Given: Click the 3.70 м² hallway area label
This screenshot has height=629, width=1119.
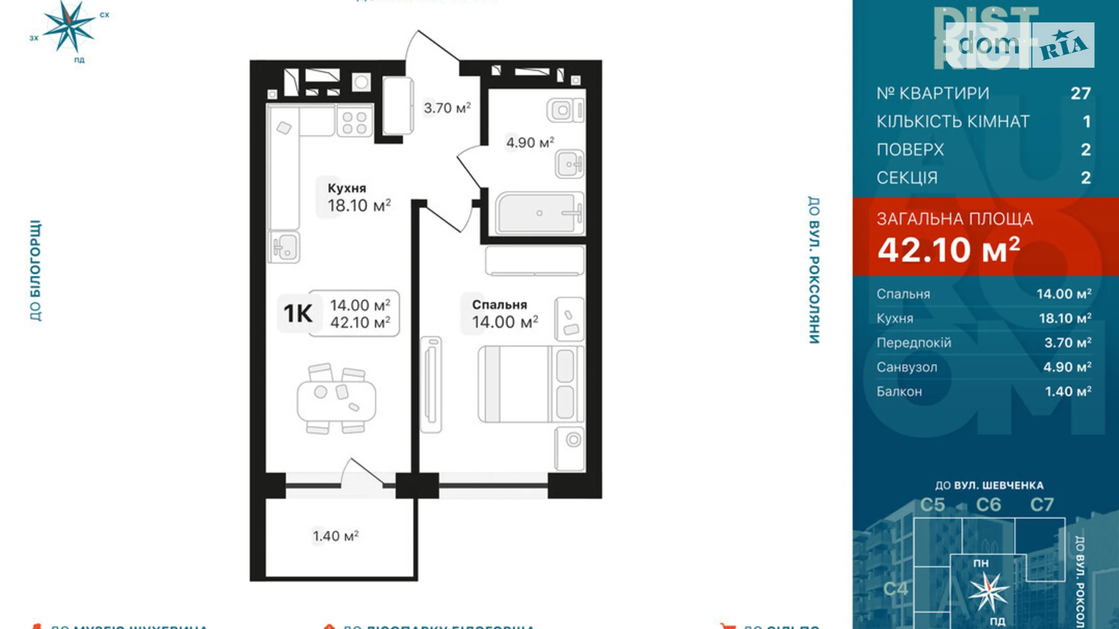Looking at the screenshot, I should point(446,108).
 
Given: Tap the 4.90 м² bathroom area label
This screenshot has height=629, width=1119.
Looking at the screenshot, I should point(530,143).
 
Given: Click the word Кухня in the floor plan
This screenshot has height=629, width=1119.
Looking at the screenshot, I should point(347,188).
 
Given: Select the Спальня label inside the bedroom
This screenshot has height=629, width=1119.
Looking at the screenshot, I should point(499,305).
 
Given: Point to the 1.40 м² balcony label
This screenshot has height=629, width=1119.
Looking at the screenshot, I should point(335,536).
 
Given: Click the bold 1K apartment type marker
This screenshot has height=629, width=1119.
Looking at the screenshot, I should point(298,313).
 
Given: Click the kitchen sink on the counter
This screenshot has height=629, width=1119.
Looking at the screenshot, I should point(284,247).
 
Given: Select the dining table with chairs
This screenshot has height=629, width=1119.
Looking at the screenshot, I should point(336,399).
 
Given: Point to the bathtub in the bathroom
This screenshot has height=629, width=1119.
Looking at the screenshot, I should point(538,213).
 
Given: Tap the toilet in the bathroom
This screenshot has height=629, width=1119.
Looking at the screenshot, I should point(567,111).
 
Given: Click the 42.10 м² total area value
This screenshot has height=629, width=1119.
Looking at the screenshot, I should point(948,250).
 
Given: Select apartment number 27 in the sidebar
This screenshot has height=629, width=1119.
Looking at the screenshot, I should point(1080,93).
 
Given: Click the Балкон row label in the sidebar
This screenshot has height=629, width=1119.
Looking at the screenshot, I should point(899,391).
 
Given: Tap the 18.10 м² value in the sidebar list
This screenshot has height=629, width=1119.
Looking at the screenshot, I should point(1065,318).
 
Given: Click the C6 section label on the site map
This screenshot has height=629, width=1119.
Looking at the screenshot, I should point(988,504).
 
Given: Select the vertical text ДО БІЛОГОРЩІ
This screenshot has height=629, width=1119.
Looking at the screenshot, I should point(36,270).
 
